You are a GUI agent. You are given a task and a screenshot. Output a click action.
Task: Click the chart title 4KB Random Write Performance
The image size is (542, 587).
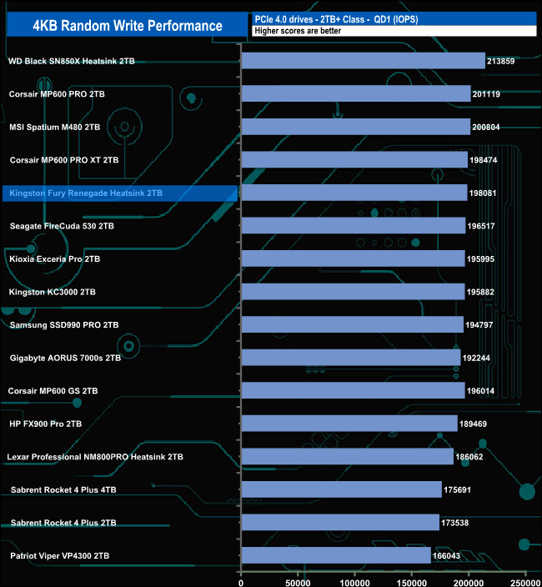[x=128, y=25]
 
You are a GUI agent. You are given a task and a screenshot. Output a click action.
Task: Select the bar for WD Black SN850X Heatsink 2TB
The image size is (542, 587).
[x=363, y=61]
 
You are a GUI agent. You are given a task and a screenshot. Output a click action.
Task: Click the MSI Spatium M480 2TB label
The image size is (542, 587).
[x=54, y=128]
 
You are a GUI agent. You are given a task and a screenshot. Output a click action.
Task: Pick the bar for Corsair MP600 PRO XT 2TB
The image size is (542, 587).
[x=354, y=160]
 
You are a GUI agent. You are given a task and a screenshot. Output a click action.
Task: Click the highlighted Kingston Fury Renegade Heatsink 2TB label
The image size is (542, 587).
[x=85, y=193]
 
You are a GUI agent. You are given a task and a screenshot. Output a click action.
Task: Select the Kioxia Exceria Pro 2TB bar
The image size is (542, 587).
[x=353, y=258]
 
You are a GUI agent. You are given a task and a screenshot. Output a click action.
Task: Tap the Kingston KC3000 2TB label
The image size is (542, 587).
[x=52, y=292]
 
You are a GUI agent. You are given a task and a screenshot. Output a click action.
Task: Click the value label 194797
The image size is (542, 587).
[x=481, y=325]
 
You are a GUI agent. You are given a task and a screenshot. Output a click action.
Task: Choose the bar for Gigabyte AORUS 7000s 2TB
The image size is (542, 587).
[x=350, y=358]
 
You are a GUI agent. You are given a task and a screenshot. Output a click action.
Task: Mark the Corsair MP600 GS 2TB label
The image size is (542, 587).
[x=53, y=390]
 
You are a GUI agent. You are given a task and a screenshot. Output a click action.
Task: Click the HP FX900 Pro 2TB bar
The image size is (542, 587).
[x=349, y=424]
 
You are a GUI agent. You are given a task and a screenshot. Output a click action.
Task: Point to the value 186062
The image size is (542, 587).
[x=472, y=457]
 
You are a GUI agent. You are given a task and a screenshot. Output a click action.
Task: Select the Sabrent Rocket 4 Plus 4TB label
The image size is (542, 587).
[x=63, y=489]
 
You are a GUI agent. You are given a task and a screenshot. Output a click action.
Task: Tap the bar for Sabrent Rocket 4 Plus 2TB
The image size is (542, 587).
[x=340, y=523]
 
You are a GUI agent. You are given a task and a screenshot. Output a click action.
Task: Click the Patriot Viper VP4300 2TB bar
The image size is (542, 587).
[x=336, y=555]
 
